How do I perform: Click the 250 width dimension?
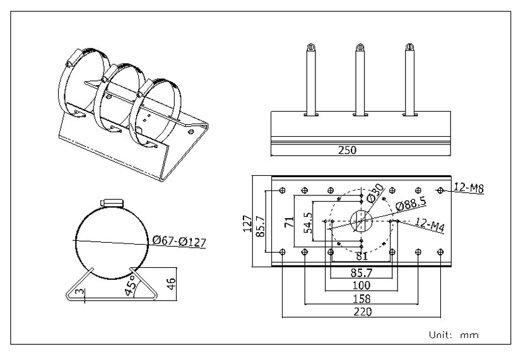click(347, 149)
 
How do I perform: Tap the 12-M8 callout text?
click(469, 188)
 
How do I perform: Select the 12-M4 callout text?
click(430, 224)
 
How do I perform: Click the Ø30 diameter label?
click(375, 193)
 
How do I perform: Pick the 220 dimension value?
click(363, 312)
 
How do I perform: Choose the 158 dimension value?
click(361, 298)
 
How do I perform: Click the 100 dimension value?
click(361, 286)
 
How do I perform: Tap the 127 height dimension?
click(247, 223)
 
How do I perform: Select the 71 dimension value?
click(290, 223)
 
